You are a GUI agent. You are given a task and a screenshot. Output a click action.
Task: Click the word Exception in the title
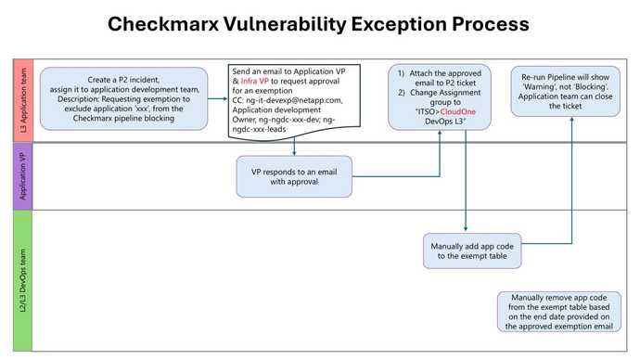pos(403,23)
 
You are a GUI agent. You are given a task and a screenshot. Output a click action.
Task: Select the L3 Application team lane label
pos(22,100)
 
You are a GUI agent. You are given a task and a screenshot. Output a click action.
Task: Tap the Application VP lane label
pos(22,176)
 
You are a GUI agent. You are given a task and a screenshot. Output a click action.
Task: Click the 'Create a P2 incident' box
pos(123,98)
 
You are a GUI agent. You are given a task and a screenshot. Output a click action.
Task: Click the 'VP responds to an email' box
pos(294,176)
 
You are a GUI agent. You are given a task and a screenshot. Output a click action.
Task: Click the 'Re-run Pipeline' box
pos(564,91)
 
